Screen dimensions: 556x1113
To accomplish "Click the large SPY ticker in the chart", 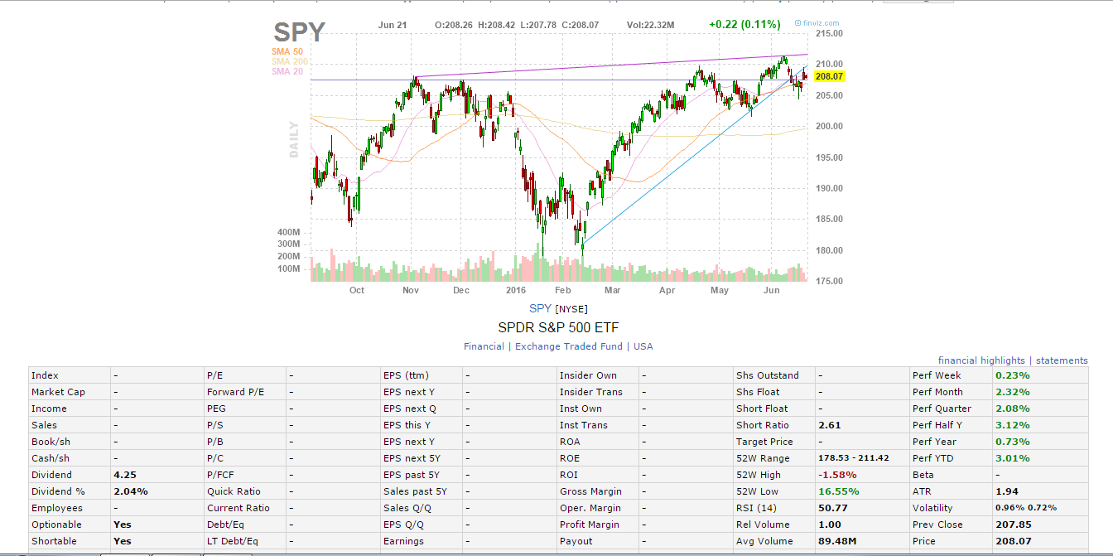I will point(300,32).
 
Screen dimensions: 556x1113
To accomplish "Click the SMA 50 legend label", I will point(287,51).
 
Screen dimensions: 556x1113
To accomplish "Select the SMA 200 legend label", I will point(289,61).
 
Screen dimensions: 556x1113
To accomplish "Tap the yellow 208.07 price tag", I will point(828,76).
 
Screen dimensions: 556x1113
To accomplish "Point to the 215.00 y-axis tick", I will point(829,34).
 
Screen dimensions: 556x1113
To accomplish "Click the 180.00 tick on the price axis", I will point(829,250).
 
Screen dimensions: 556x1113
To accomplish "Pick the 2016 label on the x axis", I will point(516,291).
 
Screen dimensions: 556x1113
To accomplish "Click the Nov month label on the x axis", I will point(411,291).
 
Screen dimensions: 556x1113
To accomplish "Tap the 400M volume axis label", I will point(288,232).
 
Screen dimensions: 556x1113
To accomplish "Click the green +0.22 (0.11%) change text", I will point(743,25).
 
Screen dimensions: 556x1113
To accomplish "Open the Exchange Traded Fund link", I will point(570,346).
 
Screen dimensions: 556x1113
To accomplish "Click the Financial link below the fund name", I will point(484,346).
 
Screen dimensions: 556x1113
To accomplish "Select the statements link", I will point(1062,360).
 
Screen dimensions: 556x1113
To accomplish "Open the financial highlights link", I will point(981,360).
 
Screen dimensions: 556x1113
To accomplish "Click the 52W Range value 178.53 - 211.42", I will point(854,458).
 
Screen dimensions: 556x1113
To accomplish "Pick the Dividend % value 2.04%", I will point(131,491).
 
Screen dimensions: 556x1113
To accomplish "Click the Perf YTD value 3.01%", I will point(1012,458).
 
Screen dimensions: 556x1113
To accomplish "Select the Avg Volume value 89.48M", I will point(837,541).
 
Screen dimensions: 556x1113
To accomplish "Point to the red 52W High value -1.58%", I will point(837,475).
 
